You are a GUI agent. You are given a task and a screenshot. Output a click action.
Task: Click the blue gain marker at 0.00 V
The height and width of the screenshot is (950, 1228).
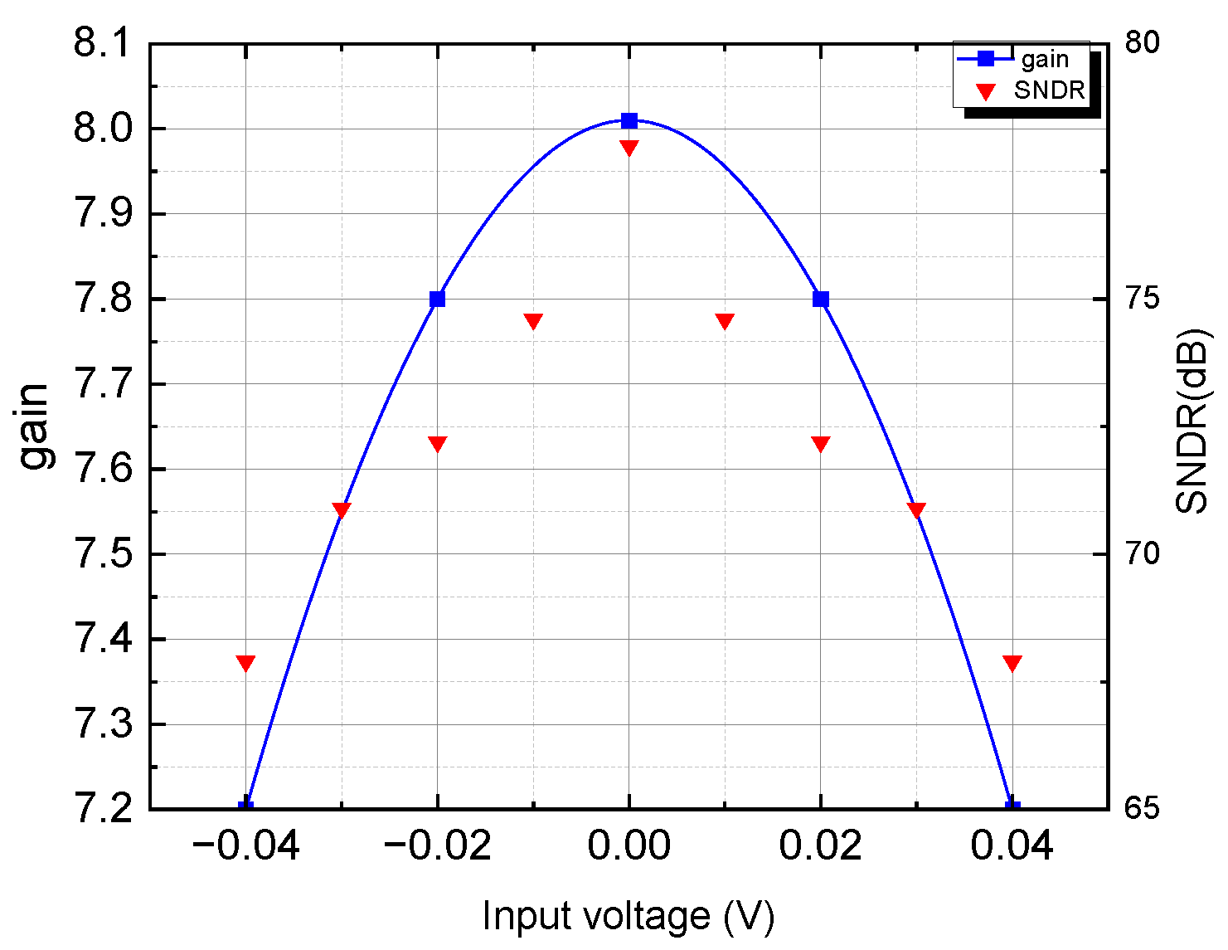(629, 121)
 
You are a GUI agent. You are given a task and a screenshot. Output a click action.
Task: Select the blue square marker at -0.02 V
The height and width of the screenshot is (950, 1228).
(438, 300)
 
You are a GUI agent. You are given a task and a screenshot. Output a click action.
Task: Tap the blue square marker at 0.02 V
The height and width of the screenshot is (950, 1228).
(821, 300)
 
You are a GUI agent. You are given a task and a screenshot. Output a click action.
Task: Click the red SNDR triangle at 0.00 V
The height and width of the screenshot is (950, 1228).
(629, 148)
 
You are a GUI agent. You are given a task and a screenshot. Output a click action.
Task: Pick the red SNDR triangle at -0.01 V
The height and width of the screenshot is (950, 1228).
(533, 321)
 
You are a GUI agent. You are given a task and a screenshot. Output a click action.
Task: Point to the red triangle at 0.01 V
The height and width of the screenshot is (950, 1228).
(725, 321)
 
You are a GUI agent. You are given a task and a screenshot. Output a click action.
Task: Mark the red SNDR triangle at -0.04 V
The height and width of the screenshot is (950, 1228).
(245, 663)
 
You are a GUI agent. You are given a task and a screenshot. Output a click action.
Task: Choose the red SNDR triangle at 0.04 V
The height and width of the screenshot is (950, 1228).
(1012, 663)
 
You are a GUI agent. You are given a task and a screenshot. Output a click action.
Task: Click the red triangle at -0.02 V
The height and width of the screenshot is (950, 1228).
(438, 444)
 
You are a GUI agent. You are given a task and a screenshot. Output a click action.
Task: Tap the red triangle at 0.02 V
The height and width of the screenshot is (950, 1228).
(821, 444)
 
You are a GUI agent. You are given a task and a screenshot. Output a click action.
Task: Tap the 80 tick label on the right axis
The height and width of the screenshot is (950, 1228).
(1142, 42)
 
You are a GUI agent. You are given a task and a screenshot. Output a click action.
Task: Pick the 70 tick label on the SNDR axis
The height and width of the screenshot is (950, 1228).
(1142, 554)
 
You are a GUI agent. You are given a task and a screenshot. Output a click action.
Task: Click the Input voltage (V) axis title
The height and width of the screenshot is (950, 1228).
(629, 917)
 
